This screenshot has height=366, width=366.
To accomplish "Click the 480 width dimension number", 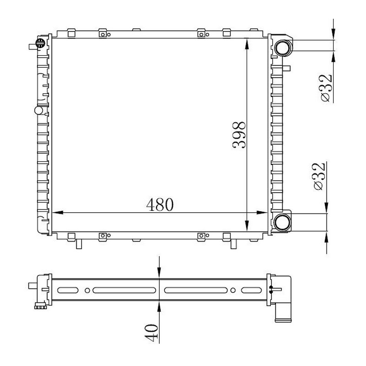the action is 160,205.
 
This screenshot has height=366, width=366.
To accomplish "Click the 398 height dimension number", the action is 239,135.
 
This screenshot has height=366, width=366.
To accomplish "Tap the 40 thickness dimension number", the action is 151,333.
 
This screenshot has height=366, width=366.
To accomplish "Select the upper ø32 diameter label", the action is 326,88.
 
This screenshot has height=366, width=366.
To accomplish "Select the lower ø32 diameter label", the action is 319,176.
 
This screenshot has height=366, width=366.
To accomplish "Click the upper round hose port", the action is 283,48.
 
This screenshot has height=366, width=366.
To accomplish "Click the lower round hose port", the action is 282,222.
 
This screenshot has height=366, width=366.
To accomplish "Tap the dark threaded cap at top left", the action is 40,43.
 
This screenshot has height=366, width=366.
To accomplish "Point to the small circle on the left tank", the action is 38,110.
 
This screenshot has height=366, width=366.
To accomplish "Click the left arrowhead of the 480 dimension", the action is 58,213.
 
